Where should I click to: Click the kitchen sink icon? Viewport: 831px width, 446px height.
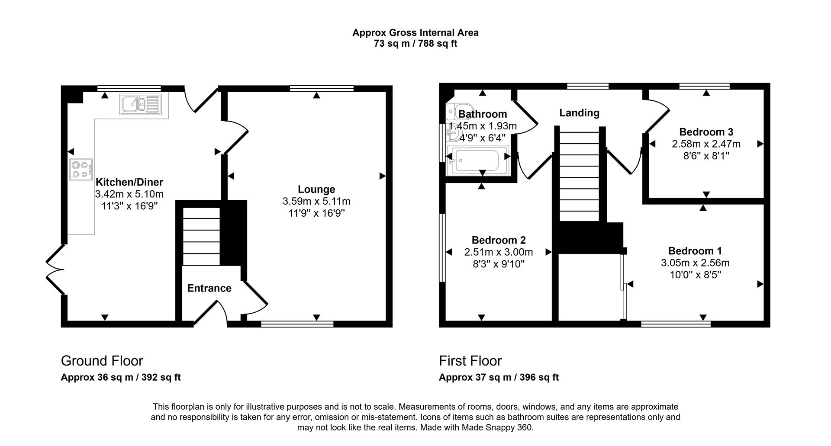tap(140, 105)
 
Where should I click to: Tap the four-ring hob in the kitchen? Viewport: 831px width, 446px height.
tap(81, 169)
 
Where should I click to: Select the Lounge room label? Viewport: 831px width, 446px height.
tap(316, 189)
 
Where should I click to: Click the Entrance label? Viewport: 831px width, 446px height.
tap(209, 289)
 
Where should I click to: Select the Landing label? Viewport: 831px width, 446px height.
tap(579, 113)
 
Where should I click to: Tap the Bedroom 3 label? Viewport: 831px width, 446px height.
tap(706, 132)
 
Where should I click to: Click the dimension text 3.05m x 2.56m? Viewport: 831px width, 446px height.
tap(695, 263)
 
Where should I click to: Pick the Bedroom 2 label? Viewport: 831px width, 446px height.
tap(499, 240)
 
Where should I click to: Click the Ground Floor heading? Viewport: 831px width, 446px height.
tap(102, 361)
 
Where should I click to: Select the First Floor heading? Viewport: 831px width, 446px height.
tap(470, 361)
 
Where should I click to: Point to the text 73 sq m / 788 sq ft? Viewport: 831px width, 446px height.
tap(415, 44)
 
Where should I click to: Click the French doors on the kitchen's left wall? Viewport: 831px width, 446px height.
tap(55, 270)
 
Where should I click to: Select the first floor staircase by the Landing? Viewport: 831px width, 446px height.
tap(579, 177)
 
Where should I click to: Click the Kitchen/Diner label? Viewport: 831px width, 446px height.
tap(129, 182)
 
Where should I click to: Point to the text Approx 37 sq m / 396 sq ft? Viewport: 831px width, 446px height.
tap(499, 378)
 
